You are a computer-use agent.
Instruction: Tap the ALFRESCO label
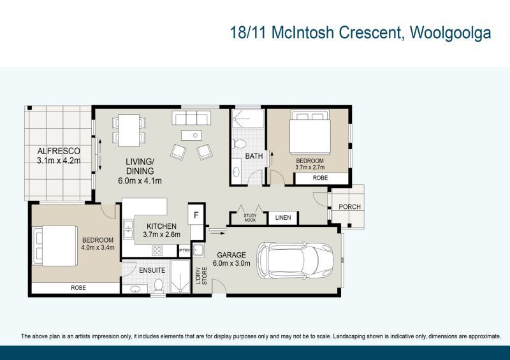[58, 151]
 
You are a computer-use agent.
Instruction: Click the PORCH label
[349, 206]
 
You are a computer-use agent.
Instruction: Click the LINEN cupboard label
[283, 218]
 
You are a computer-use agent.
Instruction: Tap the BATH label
[254, 156]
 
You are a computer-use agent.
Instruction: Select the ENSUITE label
[152, 270]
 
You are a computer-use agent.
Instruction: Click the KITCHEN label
[162, 226]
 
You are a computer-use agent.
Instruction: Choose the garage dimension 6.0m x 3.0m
[231, 263]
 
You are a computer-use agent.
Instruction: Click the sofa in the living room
[192, 118]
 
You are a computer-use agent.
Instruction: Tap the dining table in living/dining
[128, 128]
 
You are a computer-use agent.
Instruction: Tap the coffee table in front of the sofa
[191, 135]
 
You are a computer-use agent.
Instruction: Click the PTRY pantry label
[184, 250]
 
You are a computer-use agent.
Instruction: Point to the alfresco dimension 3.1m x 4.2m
[58, 161]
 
